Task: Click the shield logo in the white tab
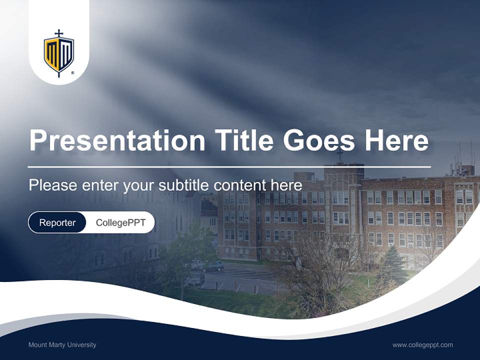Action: (59, 54)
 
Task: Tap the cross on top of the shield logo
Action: (59, 33)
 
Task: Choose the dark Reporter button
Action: (57, 222)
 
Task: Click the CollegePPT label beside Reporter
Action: (120, 222)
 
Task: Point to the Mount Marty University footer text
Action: (62, 345)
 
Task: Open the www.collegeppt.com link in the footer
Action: (422, 345)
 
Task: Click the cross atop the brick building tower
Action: (340, 155)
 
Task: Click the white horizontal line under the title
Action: (229, 166)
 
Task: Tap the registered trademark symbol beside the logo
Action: (73, 73)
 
